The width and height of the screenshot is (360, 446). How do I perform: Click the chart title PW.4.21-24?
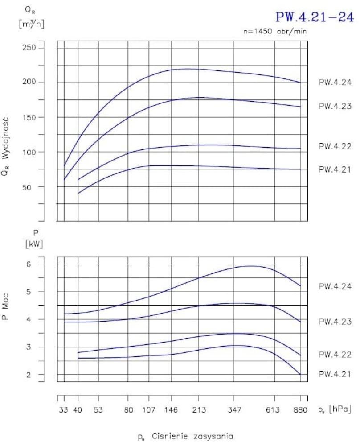pyautogui.click(x=316, y=17)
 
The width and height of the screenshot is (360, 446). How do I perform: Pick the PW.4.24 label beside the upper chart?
pyautogui.click(x=335, y=83)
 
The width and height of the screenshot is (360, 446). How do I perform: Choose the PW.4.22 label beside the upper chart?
pyautogui.click(x=335, y=146)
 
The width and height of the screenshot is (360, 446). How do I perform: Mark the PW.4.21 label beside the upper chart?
pyautogui.click(x=335, y=169)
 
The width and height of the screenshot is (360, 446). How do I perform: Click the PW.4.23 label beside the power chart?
pyautogui.click(x=335, y=322)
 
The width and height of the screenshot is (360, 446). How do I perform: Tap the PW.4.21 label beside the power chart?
pyautogui.click(x=335, y=375)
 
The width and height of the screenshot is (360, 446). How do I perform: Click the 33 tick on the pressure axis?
pyautogui.click(x=64, y=409)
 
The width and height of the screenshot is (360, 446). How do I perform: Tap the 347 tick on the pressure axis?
pyautogui.click(x=235, y=409)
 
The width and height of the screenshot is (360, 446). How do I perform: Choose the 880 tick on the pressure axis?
pyautogui.click(x=301, y=409)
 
